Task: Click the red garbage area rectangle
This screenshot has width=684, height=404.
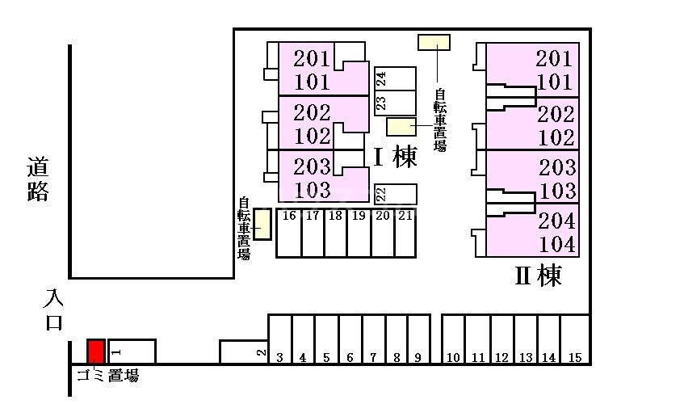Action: pos(96,351)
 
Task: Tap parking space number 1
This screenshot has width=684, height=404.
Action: pos(132,351)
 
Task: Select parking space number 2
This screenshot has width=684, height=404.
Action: pos(243,351)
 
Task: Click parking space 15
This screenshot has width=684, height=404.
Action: pos(575,339)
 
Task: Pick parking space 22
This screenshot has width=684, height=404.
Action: pos(395,194)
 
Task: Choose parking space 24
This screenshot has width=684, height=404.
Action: pos(395,79)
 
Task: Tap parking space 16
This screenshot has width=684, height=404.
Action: pos(289,234)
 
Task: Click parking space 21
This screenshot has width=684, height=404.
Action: pos(405,234)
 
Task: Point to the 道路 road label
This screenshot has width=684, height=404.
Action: pos(37,179)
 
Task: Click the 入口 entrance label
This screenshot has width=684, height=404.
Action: pos(54,309)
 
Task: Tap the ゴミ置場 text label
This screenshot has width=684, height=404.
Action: pos(107,375)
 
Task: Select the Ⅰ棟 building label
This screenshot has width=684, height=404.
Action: pos(395,157)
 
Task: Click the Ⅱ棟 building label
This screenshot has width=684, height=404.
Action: pos(538,276)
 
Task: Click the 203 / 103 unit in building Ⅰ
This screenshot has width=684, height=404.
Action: pos(324,177)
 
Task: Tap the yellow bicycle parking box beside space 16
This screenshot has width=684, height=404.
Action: pos(262,225)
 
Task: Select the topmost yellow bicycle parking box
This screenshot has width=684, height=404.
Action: pos(434,42)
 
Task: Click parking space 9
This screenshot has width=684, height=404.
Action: pos(419,339)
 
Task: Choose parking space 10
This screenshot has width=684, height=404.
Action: pos(453,339)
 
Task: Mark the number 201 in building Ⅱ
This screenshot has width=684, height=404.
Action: pos(553,58)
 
